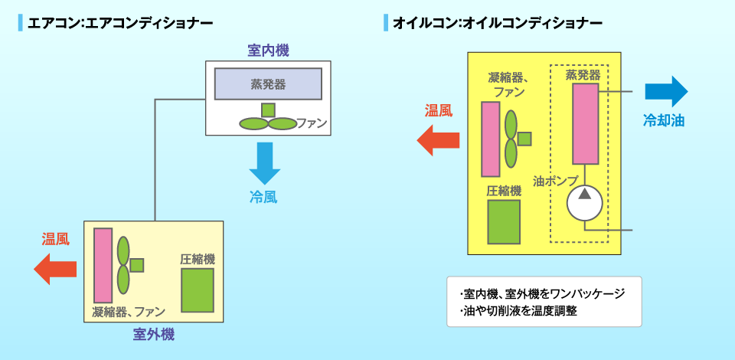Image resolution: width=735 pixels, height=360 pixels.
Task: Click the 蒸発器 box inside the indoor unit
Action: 268,83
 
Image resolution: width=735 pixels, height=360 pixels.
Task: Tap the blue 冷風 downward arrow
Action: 265,162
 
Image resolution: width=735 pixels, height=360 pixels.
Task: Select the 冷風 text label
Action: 263,197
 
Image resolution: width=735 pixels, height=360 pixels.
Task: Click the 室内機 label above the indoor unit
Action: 268,51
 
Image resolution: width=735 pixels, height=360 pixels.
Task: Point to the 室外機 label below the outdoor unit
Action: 154,334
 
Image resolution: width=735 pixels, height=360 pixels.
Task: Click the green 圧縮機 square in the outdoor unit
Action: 198,290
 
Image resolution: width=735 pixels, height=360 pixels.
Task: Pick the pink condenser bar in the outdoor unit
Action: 103,265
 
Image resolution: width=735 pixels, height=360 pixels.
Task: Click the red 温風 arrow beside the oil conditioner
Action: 437,139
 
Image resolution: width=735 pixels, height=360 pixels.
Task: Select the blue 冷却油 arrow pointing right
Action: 666,91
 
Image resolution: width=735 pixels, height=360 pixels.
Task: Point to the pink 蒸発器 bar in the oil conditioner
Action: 585,123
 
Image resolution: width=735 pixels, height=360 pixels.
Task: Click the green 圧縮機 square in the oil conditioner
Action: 503,221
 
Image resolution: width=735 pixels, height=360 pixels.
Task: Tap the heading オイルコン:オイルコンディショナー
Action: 498,23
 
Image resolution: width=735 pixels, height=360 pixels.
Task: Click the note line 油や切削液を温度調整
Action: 521,312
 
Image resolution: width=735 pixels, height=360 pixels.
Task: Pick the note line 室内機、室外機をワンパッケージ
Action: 543,294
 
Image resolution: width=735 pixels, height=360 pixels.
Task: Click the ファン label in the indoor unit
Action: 312,123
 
